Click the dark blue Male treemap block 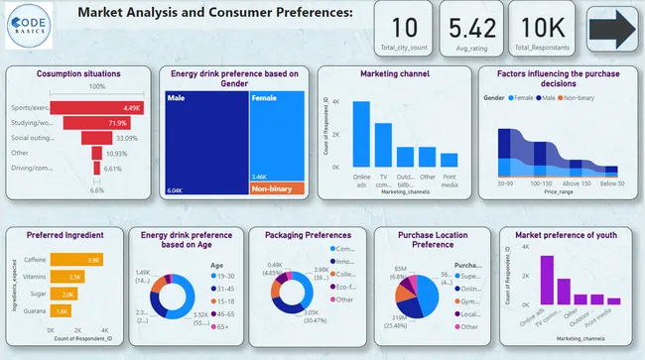pos(206,139)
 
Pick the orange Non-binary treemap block pos(277,188)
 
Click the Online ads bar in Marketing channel pos(361,134)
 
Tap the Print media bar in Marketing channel pos(449,160)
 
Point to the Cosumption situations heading pos(77,74)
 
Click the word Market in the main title pos(105,12)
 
